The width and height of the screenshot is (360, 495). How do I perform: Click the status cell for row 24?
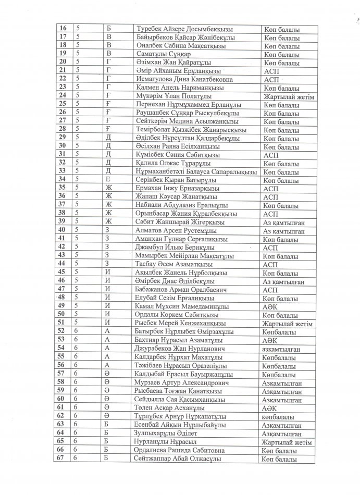pos(289,96)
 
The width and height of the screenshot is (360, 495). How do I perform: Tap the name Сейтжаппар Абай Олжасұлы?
pos(175,458)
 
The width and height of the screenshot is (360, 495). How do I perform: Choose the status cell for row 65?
pos(289,441)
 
